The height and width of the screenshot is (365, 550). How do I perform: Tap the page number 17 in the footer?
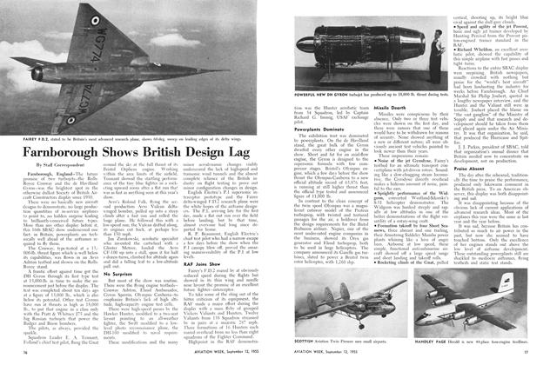[x=537, y=356]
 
